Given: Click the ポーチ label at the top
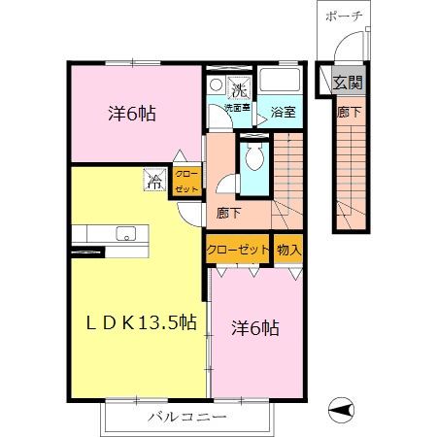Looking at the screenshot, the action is pyautogui.click(x=344, y=16).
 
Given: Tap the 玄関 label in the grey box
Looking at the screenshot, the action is pyautogui.click(x=348, y=83).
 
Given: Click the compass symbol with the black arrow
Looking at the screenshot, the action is pyautogui.click(x=341, y=410).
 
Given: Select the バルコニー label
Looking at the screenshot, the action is pyautogui.click(x=187, y=417).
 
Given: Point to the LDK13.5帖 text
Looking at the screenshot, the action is pyautogui.click(x=142, y=322).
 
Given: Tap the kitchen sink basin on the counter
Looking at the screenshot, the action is pyautogui.click(x=126, y=233).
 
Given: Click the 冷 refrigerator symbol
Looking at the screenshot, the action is pyautogui.click(x=154, y=180).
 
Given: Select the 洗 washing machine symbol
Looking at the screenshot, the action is pyautogui.click(x=239, y=87).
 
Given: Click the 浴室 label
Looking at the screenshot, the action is pyautogui.click(x=283, y=112).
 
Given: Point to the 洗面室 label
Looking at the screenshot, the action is pyautogui.click(x=237, y=108).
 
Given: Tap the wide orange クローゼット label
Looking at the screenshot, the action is pyautogui.click(x=238, y=250).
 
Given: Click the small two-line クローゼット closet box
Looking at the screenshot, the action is pyautogui.click(x=186, y=182).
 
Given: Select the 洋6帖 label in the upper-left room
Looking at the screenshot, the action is pyautogui.click(x=132, y=114).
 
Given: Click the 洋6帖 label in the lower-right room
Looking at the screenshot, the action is pyautogui.click(x=255, y=328).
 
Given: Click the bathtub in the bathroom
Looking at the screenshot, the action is pyautogui.click(x=280, y=80).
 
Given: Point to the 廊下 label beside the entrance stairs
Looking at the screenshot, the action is pyautogui.click(x=349, y=112).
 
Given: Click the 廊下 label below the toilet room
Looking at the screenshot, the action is pyautogui.click(x=228, y=213).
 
